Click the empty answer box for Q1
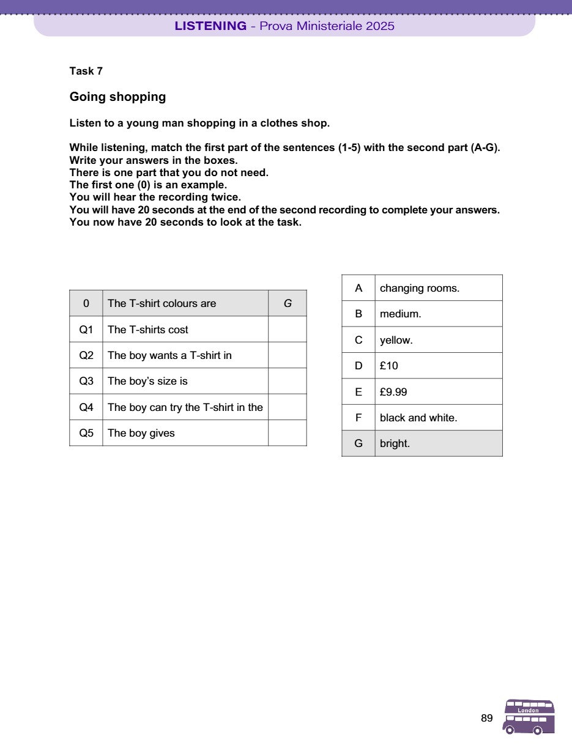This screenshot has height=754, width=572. click(287, 330)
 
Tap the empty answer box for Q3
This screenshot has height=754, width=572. click(287, 381)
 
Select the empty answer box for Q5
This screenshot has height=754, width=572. click(287, 433)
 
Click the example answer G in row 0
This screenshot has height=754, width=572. click(287, 303)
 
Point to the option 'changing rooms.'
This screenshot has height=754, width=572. click(419, 288)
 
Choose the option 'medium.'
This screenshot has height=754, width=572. click(400, 314)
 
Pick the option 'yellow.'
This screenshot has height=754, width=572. click(396, 340)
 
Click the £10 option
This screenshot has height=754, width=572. click(389, 366)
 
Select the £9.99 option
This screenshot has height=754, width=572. click(393, 392)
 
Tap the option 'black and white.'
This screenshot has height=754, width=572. click(418, 418)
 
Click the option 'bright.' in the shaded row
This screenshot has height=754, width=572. click(395, 444)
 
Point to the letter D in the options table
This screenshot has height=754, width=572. click(358, 366)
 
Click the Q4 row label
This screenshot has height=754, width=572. click(86, 407)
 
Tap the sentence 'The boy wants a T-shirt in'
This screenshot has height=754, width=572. click(169, 355)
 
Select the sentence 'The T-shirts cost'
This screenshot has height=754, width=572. click(148, 330)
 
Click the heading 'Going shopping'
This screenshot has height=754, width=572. click(117, 97)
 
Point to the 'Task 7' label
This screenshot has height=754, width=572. click(86, 71)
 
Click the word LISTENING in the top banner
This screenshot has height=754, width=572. click(210, 26)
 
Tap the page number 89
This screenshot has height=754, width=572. click(487, 719)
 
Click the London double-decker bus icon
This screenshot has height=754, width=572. click(529, 717)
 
